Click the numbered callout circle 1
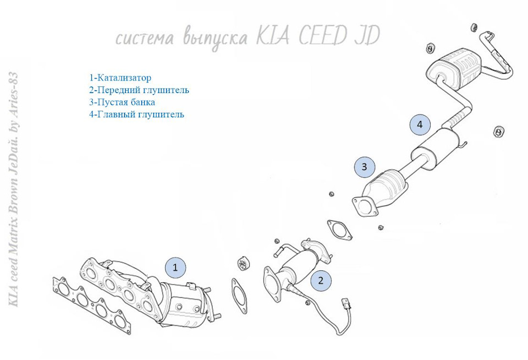click(x=175, y=268)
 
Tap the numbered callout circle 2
click(x=321, y=281)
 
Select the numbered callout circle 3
click(x=364, y=166)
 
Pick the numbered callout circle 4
click(x=420, y=125)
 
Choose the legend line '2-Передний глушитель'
click(x=139, y=90)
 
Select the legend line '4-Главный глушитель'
click(x=136, y=115)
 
